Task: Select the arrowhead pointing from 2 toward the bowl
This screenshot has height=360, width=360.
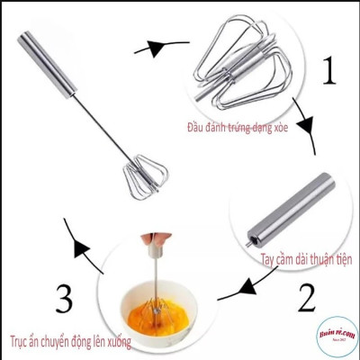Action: (x=224, y=292)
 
